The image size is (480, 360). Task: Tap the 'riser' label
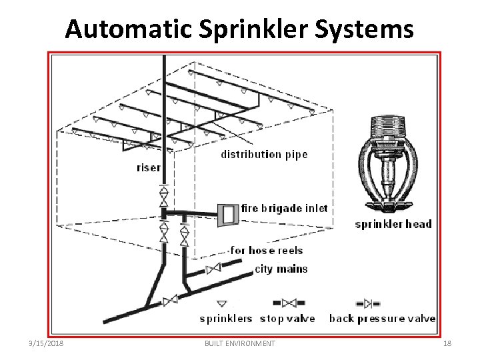[x=149, y=167]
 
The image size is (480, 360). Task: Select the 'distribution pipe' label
[x=264, y=155]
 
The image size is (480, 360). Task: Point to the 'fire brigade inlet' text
[x=285, y=208]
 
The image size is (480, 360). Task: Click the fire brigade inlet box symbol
[x=228, y=213]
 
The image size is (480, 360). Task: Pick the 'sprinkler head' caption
[x=393, y=224]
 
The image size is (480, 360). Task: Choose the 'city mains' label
[x=281, y=269]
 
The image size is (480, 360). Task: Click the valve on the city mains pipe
[x=213, y=269]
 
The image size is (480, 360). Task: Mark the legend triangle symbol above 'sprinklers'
[x=223, y=303]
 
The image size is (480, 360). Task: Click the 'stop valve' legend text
[x=287, y=318]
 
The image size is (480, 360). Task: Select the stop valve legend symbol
[x=289, y=303]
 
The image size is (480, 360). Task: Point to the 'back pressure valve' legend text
[x=383, y=318]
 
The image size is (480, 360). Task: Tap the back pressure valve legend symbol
[x=367, y=303]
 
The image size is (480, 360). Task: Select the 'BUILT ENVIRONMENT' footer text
[x=239, y=343]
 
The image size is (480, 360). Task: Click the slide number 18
[x=447, y=343]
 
